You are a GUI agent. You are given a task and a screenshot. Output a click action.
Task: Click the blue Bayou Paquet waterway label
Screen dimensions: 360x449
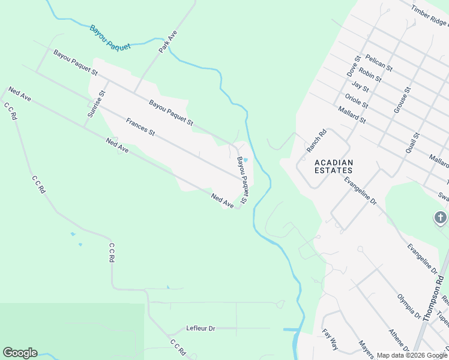pos(110,37)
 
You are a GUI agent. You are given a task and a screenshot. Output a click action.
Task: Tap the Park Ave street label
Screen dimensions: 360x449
pos(168,43)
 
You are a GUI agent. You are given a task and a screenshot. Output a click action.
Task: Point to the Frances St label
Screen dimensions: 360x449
pos(140,127)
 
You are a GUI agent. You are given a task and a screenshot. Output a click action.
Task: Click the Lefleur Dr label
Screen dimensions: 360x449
pos(200,329)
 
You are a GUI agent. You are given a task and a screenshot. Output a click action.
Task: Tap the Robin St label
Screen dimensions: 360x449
pos(371,74)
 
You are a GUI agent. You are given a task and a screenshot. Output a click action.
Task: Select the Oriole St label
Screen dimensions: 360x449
pos(357,100)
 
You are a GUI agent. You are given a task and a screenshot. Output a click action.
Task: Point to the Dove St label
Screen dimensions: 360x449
pos(353,65)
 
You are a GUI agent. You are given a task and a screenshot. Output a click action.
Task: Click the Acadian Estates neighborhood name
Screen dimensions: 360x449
pos(334,166)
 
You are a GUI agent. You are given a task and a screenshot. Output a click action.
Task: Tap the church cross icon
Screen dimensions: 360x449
pos(441,217)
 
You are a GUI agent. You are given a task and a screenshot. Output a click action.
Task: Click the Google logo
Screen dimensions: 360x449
pos(20,353)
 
